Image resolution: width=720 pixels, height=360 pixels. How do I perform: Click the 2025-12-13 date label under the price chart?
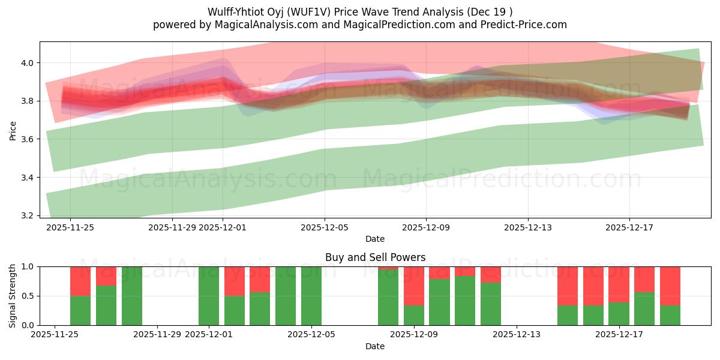click(528, 227)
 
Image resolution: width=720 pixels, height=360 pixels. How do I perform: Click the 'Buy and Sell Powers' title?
click(375, 257)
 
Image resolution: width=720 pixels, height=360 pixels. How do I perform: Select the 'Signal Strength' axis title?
click(13, 296)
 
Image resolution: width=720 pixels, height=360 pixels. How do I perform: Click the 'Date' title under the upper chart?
click(375, 239)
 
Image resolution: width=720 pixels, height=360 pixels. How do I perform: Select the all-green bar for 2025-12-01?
click(209, 296)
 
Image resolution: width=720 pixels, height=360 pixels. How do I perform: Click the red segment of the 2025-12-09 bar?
click(414, 286)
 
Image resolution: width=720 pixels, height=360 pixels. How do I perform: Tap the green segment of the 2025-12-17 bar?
click(644, 308)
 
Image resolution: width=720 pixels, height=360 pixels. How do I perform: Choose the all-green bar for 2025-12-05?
click(311, 296)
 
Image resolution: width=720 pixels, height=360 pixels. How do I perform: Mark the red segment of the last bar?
click(670, 286)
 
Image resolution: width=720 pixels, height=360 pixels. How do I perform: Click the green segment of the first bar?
click(80, 310)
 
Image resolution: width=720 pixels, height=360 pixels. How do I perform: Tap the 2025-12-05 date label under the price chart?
click(325, 227)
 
